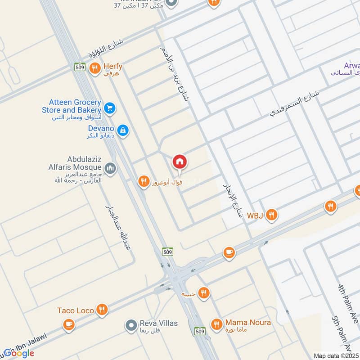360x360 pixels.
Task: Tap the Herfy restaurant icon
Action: pos(94,68)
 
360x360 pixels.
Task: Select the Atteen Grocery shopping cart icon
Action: pos(109,108)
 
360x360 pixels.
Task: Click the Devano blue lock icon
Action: pos(123,131)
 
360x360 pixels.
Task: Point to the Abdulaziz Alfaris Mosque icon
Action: pos(111,169)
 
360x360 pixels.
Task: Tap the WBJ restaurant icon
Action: pos(271,215)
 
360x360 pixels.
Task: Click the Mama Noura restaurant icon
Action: pos(216,324)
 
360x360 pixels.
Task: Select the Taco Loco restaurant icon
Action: pos(102,310)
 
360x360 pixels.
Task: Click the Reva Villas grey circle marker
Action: pos(131,324)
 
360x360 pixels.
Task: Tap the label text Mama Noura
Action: pos(248,323)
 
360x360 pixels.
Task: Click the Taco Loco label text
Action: pos(76,310)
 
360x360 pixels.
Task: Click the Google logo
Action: pos(18,353)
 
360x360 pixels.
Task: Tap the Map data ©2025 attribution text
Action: pos(336,355)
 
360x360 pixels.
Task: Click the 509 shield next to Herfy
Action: pos(80,67)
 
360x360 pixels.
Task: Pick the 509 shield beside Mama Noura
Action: pos(200,331)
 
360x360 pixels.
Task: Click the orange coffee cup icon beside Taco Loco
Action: pos(68,325)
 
